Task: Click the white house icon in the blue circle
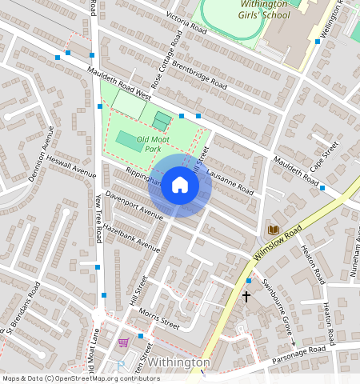[180, 186]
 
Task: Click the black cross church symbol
[246, 296]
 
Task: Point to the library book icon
[274, 230]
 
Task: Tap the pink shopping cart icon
[123, 342]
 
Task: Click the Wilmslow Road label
[277, 242]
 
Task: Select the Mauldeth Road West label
[118, 84]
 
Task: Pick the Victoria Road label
[186, 18]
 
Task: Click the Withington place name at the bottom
[179, 362]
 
